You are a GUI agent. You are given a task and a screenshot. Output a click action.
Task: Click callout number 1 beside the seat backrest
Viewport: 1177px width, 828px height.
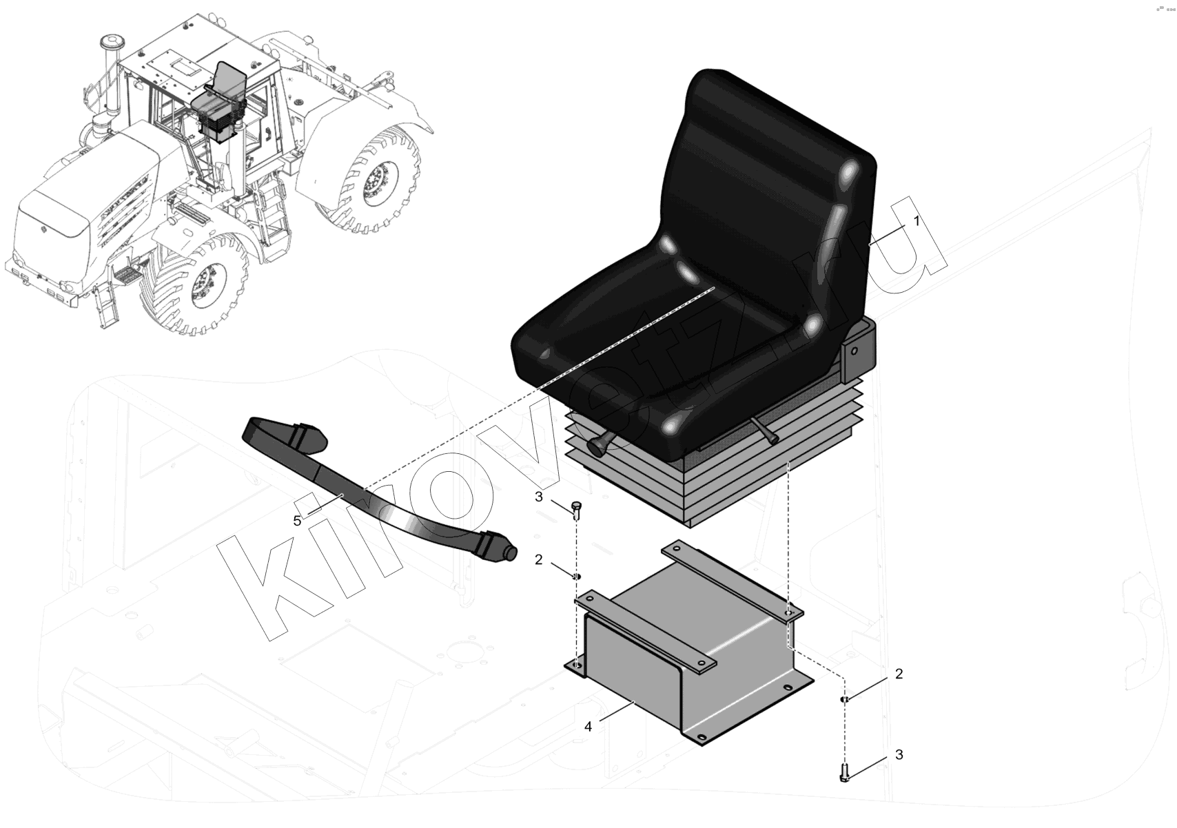tap(917, 221)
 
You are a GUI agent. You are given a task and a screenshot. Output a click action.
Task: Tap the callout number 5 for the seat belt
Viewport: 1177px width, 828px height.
tap(298, 521)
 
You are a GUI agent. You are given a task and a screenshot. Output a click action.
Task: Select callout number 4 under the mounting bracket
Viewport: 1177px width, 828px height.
tap(588, 727)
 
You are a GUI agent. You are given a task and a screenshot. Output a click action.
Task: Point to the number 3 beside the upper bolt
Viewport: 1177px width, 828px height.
tap(538, 497)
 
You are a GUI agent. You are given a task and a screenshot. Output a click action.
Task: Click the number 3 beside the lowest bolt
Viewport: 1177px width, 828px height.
tap(899, 755)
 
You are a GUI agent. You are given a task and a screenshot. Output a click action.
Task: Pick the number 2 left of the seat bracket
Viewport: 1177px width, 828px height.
tap(538, 560)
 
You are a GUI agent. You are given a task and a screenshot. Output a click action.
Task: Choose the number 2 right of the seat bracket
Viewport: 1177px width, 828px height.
tap(899, 674)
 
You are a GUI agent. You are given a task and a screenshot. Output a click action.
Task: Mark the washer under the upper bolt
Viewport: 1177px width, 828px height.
tap(577, 577)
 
